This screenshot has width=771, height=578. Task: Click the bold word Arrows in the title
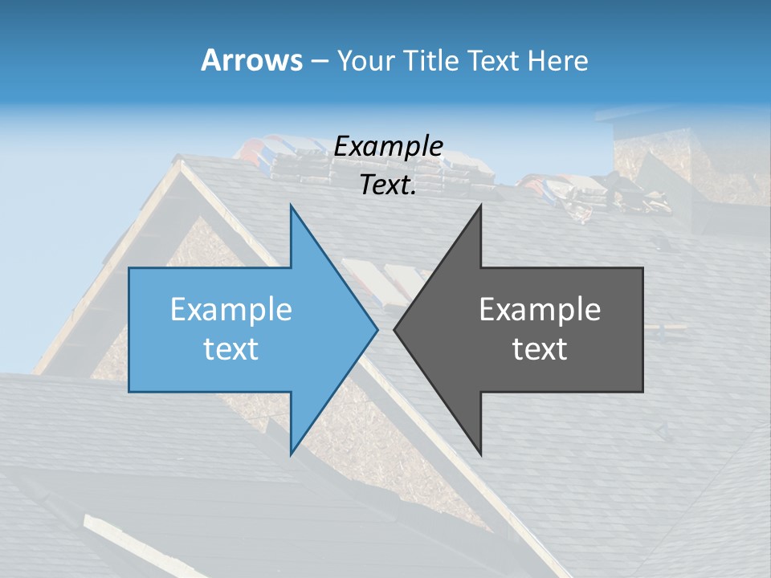point(251,60)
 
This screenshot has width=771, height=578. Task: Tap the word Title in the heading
point(430,60)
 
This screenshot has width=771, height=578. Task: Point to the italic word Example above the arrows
point(389,147)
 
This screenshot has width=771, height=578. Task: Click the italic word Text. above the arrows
point(389,185)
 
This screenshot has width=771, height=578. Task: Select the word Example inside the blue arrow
point(231,310)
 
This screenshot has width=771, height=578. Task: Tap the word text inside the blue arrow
point(231,349)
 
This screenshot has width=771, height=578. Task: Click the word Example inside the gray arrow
point(540,310)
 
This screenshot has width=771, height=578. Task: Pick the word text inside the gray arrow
point(540,349)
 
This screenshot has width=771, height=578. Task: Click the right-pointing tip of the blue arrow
point(377,329)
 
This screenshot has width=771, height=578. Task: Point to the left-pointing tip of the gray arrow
point(394,329)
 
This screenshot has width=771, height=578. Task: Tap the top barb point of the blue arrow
point(291,206)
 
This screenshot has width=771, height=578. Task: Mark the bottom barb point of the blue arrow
point(291,454)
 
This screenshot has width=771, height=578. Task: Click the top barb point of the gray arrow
point(480,206)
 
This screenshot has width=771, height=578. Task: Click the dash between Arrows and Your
point(319,62)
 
